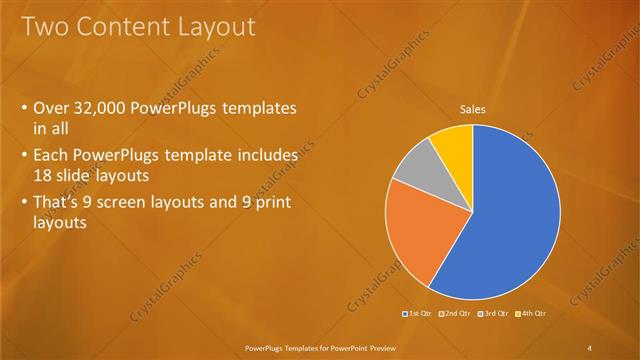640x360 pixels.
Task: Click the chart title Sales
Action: tap(473, 109)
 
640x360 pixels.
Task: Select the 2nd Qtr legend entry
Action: tap(455, 314)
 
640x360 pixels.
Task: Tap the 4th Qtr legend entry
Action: tap(531, 314)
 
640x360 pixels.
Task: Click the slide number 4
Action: tap(590, 347)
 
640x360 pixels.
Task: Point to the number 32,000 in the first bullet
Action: tap(106, 108)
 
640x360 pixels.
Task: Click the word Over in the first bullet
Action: tap(51, 108)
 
